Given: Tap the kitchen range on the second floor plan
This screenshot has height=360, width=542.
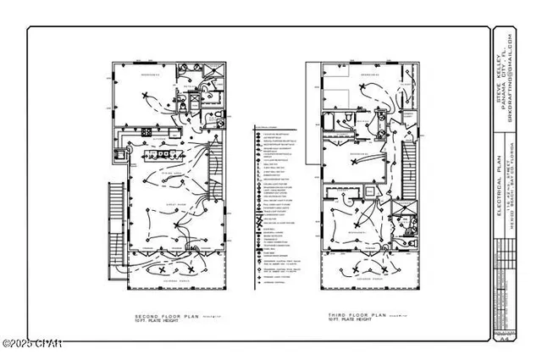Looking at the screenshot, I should coord(117,156).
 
